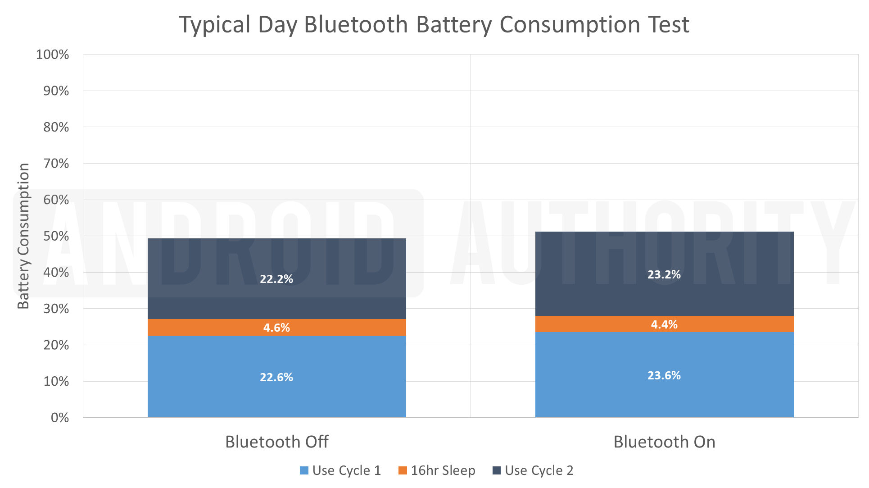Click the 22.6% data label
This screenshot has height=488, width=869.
(x=276, y=377)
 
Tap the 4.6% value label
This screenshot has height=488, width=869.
(x=276, y=328)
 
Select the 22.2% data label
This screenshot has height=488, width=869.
(x=276, y=279)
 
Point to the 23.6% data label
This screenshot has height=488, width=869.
(x=664, y=375)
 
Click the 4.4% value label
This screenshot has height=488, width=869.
(x=664, y=324)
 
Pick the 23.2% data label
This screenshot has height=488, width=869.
(x=664, y=274)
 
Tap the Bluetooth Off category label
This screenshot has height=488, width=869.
(x=276, y=442)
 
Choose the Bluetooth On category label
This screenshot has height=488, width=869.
(x=664, y=442)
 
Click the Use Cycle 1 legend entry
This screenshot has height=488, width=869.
(x=340, y=470)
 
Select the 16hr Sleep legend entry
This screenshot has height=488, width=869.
(x=437, y=470)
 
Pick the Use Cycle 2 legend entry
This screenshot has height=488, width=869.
(x=533, y=470)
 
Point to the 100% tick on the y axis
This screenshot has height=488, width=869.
(x=53, y=55)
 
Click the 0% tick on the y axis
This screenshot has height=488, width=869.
(x=60, y=418)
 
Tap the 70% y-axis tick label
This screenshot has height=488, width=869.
(x=56, y=164)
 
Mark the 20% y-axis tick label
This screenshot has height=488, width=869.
(x=56, y=345)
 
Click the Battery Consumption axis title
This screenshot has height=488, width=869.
(x=23, y=236)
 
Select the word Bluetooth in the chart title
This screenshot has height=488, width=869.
(x=356, y=24)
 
